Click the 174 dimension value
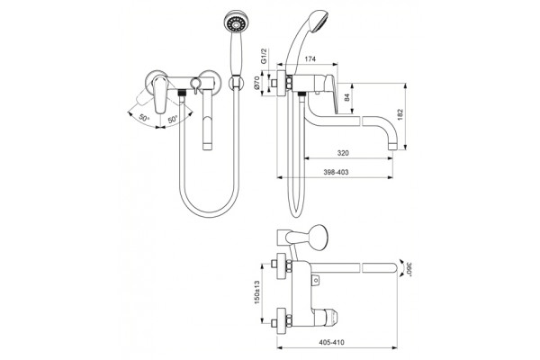click(310, 59)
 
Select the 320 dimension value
click(343, 153)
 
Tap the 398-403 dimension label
click(336, 172)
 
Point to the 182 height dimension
click(400, 114)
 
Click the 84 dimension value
click(347, 97)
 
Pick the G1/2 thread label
click(264, 56)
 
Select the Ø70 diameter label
click(257, 84)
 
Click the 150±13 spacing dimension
click(257, 292)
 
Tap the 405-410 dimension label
click(331, 342)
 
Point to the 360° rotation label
click(409, 268)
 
